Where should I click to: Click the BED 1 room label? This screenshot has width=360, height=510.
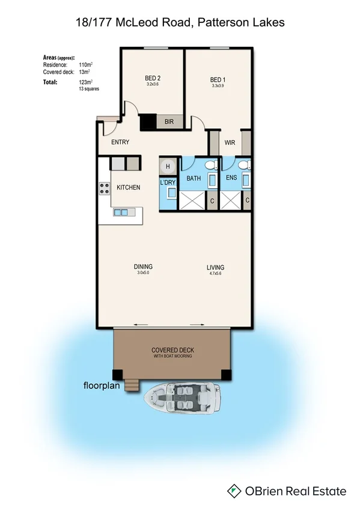click(x=217, y=79)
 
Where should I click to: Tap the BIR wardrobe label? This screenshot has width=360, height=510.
click(x=169, y=122)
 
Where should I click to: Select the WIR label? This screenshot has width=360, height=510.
click(x=230, y=143)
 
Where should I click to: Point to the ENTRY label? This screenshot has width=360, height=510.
click(x=120, y=143)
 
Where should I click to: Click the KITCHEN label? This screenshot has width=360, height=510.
click(x=128, y=188)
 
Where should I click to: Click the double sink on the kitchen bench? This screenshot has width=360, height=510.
click(x=121, y=212)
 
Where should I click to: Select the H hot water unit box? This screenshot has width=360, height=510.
click(x=168, y=167)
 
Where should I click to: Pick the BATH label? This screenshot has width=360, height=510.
click(x=194, y=179)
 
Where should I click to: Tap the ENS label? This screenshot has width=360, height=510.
click(x=231, y=179)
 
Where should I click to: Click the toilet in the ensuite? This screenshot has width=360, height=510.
click(x=243, y=165)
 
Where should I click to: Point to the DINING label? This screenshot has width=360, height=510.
click(x=143, y=267)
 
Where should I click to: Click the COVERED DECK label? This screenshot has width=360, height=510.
click(x=172, y=350)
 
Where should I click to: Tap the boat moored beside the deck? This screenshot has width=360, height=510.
click(x=183, y=398)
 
